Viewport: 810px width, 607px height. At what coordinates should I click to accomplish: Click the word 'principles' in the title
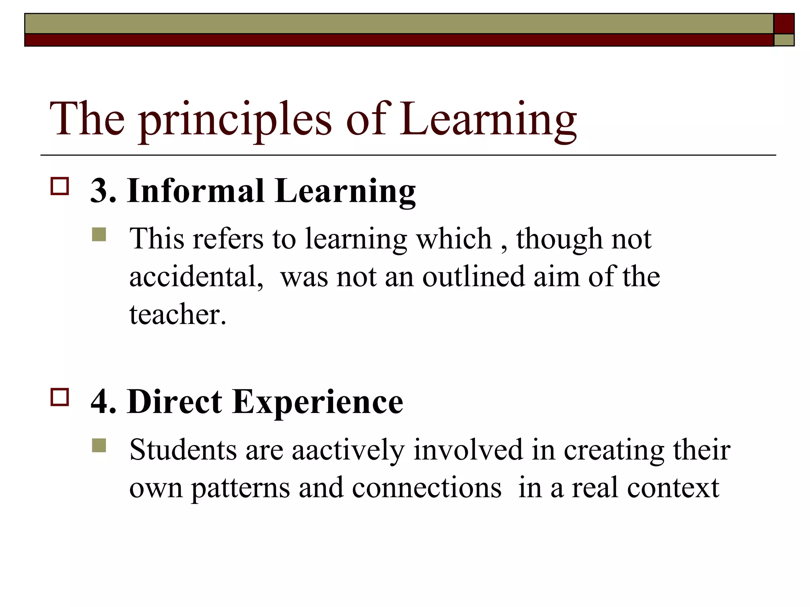236,121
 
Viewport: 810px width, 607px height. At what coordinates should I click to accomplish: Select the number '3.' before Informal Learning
103,191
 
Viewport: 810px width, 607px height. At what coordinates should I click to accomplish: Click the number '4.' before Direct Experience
103,402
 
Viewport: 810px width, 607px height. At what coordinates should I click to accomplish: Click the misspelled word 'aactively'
348,451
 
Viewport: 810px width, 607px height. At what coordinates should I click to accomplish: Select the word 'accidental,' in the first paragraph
196,277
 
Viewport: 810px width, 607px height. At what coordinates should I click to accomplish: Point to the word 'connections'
426,488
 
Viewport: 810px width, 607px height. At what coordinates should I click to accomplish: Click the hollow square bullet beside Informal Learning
60,186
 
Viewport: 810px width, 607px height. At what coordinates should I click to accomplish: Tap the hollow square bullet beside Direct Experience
60,397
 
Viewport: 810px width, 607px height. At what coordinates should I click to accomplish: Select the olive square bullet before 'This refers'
99,234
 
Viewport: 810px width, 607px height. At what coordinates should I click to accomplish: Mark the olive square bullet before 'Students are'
99,445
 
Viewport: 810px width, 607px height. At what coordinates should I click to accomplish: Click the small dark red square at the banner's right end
784,24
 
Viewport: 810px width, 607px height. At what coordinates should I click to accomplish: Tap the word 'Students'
183,451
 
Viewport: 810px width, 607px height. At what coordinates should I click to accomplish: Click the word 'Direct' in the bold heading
174,402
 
